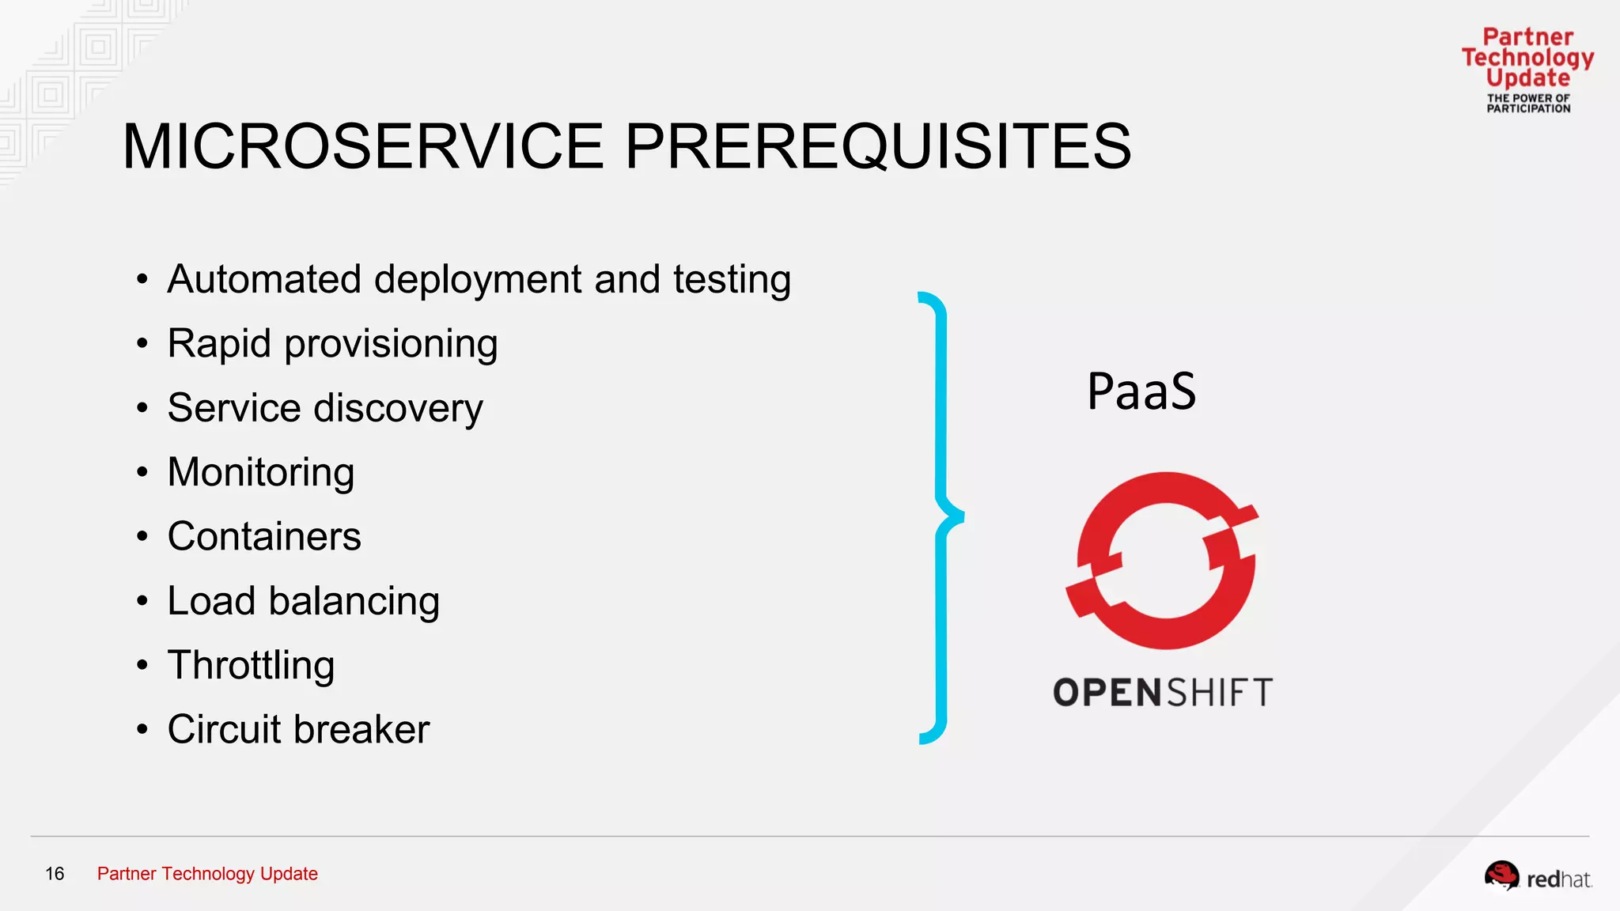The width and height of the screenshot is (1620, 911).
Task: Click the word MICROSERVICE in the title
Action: (x=364, y=147)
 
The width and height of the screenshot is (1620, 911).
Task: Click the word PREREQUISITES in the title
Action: (x=878, y=147)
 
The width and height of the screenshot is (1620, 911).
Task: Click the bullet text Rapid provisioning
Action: (x=332, y=345)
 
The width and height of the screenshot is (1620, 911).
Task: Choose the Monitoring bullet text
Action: (x=261, y=473)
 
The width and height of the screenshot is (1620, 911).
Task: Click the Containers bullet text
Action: (x=264, y=537)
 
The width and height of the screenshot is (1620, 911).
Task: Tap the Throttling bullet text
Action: (x=251, y=665)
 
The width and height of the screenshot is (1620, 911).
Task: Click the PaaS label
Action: (x=1141, y=391)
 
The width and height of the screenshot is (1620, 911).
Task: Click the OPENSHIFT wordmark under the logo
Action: (x=1162, y=693)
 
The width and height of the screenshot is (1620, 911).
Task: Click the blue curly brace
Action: (x=941, y=518)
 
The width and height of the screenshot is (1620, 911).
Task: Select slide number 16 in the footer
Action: (x=55, y=874)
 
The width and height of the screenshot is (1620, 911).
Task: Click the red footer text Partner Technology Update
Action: (x=207, y=874)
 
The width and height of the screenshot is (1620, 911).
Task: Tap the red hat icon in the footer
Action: (x=1501, y=876)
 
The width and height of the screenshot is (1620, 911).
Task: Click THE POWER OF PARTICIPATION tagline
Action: (x=1527, y=104)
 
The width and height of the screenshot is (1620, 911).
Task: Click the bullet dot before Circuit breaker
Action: (x=142, y=729)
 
